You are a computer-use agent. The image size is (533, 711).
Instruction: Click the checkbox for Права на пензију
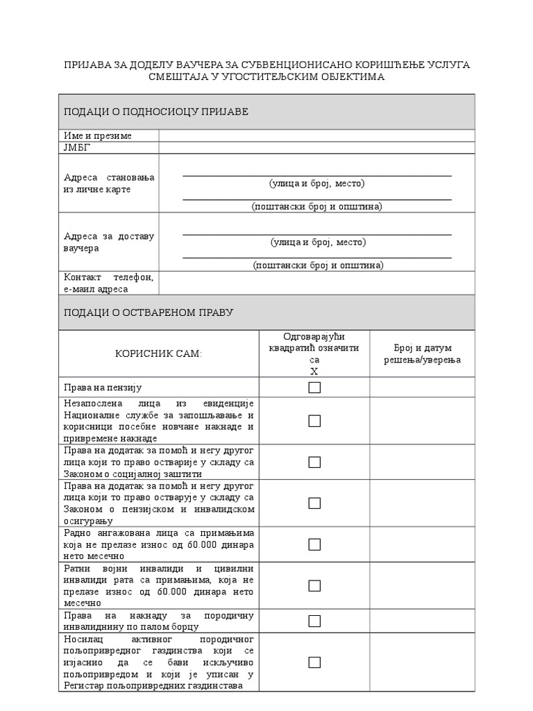[314, 387]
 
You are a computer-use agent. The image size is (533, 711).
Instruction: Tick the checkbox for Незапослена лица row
[314, 421]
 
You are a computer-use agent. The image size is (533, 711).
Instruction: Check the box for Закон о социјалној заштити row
[314, 462]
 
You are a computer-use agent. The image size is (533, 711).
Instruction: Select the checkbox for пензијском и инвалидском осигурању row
[314, 503]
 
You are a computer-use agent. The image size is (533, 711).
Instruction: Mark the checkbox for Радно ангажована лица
[314, 544]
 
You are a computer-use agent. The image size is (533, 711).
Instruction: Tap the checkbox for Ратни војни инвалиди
[314, 585]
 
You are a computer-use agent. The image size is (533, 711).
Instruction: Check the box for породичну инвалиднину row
[314, 621]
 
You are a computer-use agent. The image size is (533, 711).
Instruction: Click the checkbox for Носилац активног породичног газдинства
[314, 662]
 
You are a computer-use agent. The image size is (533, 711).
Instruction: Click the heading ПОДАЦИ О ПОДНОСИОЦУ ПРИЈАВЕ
[156, 112]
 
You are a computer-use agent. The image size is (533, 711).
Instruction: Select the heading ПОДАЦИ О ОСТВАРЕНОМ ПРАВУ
[149, 312]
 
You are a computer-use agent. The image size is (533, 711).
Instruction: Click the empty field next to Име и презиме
[316, 135]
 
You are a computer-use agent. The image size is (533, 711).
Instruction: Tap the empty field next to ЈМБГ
[316, 148]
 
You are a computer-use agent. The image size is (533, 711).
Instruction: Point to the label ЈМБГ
[77, 148]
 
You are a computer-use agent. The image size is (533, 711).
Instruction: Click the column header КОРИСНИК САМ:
[159, 354]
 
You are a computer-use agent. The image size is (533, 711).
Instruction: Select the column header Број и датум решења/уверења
[422, 353]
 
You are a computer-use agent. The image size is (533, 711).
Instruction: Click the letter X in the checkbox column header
[314, 371]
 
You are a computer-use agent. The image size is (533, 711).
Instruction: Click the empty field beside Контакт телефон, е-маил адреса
[316, 283]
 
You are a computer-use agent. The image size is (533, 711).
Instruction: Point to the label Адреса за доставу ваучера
[109, 242]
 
